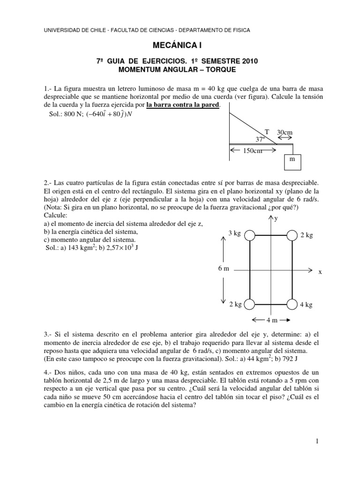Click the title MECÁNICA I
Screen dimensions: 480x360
pyautogui.click(x=180, y=45)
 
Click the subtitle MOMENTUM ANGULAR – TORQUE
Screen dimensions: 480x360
pyautogui.click(x=180, y=70)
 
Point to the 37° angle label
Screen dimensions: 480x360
pyautogui.click(x=260, y=139)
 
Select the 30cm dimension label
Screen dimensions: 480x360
pyautogui.click(x=285, y=133)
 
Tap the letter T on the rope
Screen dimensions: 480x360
pyautogui.click(x=267, y=132)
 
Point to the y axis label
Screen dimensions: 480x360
pyautogui.click(x=276, y=218)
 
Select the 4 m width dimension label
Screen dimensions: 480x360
pyautogui.click(x=272, y=320)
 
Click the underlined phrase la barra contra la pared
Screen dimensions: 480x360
pyautogui.click(x=182, y=105)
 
